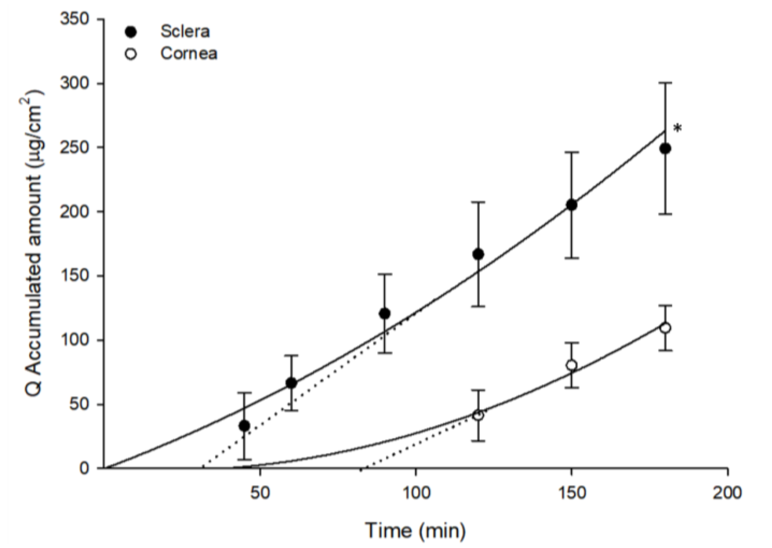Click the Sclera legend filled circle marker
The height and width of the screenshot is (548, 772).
[x=131, y=32]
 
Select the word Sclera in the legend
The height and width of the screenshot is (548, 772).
[x=185, y=32]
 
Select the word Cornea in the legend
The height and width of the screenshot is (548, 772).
[x=189, y=54]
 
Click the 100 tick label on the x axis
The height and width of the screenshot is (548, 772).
[x=416, y=493]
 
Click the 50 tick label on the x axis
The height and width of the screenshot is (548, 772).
[x=260, y=493]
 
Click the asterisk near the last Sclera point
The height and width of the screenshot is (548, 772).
[x=677, y=128]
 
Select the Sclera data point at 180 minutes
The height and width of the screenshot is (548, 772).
[x=665, y=148]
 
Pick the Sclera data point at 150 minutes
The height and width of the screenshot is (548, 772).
[x=571, y=205]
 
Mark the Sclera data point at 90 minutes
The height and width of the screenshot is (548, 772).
[x=384, y=313]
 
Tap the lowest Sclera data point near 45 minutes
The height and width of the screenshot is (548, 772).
[x=244, y=426]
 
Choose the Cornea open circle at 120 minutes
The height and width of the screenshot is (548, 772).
[x=478, y=415]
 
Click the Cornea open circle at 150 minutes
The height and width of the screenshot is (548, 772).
[x=571, y=365]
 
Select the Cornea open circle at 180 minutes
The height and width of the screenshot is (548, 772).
[x=665, y=328]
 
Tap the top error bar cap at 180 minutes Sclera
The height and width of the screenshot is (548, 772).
[x=665, y=83]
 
